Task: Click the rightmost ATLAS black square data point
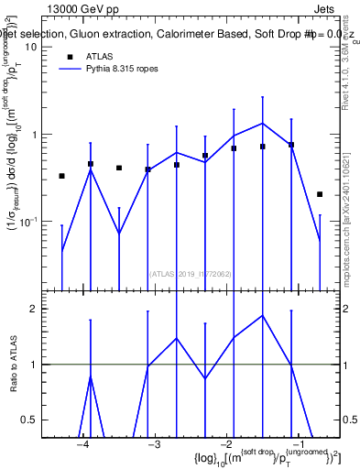[320, 194]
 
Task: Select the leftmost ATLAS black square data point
[61, 176]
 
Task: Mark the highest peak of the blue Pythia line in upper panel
[263, 123]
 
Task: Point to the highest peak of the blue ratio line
[263, 315]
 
